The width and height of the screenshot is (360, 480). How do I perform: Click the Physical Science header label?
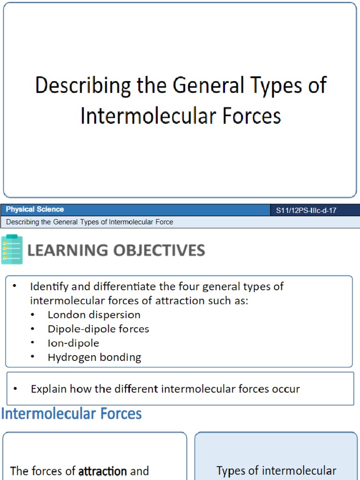click(35, 210)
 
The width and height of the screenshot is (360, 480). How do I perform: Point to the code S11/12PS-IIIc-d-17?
click(306, 210)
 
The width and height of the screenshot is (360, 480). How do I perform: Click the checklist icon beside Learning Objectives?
click(12, 249)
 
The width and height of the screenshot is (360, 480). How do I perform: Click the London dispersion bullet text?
click(94, 315)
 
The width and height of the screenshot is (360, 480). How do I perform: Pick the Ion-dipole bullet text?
click(73, 343)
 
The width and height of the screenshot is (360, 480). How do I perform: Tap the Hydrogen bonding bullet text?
click(94, 357)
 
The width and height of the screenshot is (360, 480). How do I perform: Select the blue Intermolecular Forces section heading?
click(72, 413)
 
